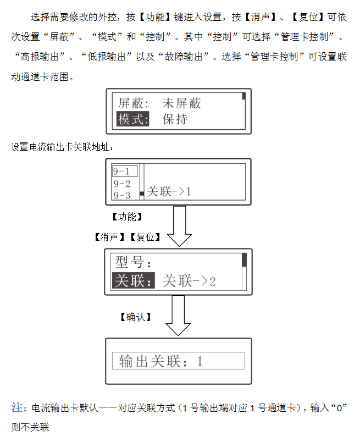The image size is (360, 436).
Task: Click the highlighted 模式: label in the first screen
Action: pyautogui.click(x=133, y=119)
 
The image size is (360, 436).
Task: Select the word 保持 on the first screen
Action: pyautogui.click(x=175, y=119)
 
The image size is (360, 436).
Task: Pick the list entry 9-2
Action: pyautogui.click(x=122, y=184)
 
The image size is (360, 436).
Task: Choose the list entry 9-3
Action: pyautogui.click(x=122, y=195)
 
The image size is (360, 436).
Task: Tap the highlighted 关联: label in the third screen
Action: pyautogui.click(x=132, y=280)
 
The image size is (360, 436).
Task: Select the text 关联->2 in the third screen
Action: pyautogui.click(x=190, y=280)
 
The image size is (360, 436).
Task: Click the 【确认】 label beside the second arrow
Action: pyautogui.click(x=135, y=317)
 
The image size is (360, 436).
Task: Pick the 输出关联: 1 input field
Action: pyautogui.click(x=178, y=361)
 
